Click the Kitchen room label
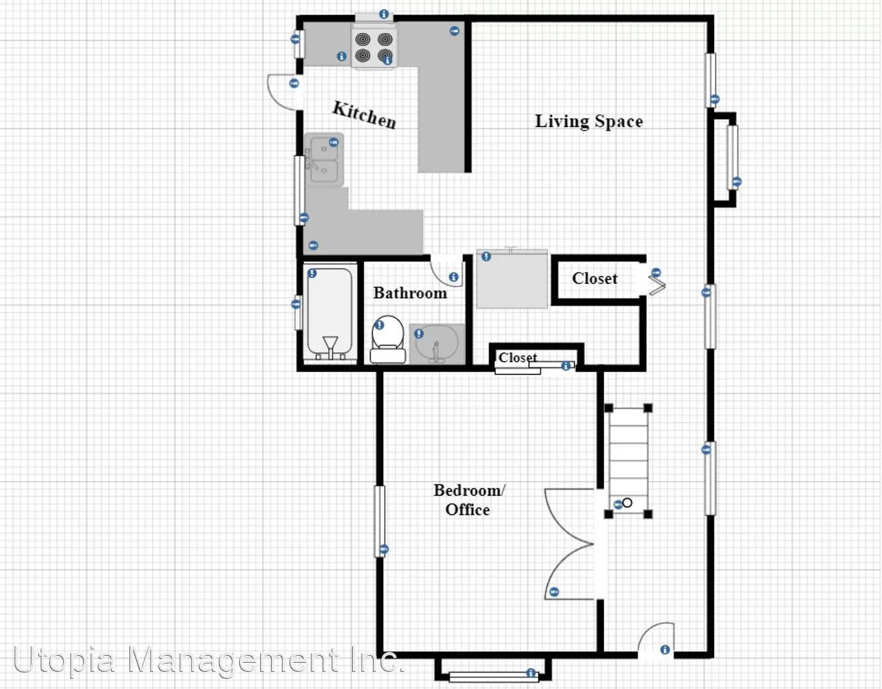tap(364, 115)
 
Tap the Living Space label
tap(589, 121)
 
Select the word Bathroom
tap(410, 293)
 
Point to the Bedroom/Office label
tap(469, 500)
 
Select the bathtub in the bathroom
tap(330, 313)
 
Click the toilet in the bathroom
tap(388, 339)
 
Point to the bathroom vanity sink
tap(437, 344)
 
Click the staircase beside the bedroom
tap(628, 461)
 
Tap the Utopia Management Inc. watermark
tap(209, 660)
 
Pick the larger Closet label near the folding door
tap(594, 279)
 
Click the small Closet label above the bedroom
tap(518, 357)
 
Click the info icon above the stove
tap(383, 14)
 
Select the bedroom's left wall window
tap(380, 521)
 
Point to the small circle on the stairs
tap(627, 503)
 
